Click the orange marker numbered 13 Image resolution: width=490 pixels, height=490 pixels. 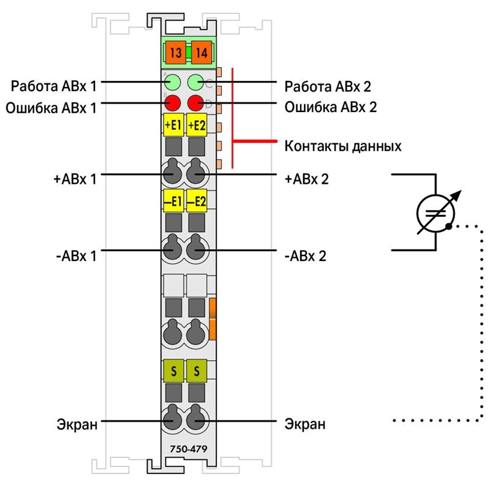tap(176, 52)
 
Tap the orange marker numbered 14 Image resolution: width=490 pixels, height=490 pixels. tap(202, 52)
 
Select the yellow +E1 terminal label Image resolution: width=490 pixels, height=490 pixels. tap(173, 125)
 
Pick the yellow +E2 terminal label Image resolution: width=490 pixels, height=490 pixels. tap(197, 125)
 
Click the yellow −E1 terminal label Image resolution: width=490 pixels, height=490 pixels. tap(173, 201)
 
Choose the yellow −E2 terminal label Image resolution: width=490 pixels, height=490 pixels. tap(197, 201)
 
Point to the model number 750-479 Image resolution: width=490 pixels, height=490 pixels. tap(189, 449)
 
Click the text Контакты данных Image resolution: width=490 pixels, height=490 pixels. tap(343, 146)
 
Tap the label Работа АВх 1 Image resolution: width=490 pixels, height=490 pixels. tap(54, 86)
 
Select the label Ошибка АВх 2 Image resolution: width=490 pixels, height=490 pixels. tap(331, 107)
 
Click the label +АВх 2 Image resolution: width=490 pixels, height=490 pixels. tap(307, 179)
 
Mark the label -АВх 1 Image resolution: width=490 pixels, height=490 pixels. tap(76, 256)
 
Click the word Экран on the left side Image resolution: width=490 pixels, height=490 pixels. tap(77, 424)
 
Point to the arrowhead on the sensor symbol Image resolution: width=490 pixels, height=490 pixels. tap(457, 195)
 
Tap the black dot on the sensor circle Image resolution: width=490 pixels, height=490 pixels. tap(449, 226)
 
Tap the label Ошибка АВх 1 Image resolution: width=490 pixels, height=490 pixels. tap(51, 108)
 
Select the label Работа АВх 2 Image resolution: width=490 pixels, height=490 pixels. tap(328, 86)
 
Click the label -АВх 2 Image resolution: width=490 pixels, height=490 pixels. tap(305, 256)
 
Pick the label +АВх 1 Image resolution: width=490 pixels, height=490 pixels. tap(75, 179)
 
